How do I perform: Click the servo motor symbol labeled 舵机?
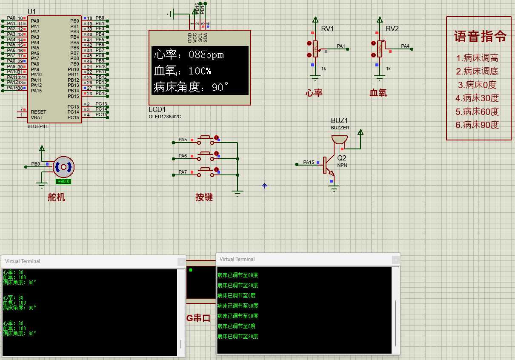(x=63, y=167)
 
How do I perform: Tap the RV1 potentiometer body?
(x=315, y=49)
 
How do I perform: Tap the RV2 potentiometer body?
(x=380, y=49)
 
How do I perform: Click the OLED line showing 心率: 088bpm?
(x=189, y=55)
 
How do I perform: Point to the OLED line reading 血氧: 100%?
(x=182, y=71)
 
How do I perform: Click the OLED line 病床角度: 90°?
(x=191, y=87)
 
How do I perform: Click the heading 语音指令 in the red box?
(x=480, y=37)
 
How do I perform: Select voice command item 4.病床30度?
(x=477, y=98)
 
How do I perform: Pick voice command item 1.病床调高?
(x=477, y=58)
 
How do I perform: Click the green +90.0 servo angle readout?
(x=63, y=181)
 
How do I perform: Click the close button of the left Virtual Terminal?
(x=181, y=261)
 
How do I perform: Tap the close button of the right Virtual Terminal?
(x=396, y=259)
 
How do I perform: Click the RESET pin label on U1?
(x=38, y=112)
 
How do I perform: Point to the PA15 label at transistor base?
(x=309, y=162)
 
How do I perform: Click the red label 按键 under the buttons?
(x=204, y=197)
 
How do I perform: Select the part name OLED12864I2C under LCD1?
(x=165, y=117)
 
